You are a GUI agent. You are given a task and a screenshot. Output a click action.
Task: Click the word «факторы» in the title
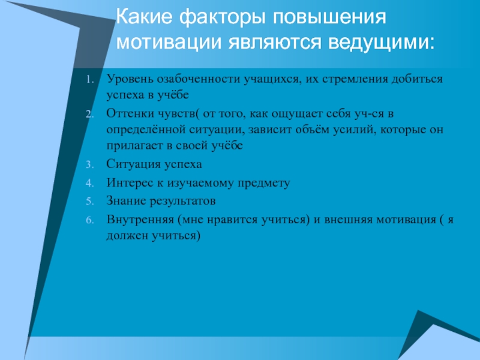(222, 19)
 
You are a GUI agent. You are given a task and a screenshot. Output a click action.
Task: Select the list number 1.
(89, 80)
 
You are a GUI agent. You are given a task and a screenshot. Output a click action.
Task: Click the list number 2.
(89, 114)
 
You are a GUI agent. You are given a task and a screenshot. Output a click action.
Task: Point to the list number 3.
(89, 164)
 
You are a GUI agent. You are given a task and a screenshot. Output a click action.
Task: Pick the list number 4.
(89, 183)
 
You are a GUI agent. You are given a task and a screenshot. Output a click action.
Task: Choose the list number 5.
(89, 202)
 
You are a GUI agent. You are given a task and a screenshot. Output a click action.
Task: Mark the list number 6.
(89, 220)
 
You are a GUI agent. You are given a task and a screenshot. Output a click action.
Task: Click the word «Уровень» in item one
(130, 80)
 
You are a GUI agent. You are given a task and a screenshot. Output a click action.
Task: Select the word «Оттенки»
(131, 113)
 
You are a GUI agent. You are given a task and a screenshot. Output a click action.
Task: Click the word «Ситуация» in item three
(133, 164)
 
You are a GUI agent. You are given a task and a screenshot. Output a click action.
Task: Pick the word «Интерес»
(130, 183)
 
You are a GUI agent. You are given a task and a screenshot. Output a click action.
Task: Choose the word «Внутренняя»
(140, 220)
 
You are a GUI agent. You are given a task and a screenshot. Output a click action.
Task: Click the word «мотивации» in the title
(169, 43)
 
